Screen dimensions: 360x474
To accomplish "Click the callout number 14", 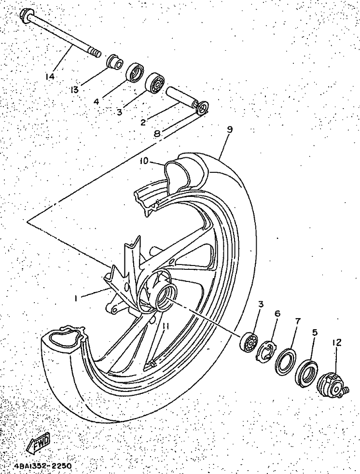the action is [x=50, y=76].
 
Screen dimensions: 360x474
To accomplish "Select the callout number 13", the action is [x=74, y=89].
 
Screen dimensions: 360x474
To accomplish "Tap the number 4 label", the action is [x=96, y=101].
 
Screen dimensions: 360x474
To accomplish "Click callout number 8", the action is [x=157, y=133].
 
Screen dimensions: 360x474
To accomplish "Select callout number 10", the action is [x=144, y=161].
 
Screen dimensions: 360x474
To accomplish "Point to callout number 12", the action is [x=336, y=342].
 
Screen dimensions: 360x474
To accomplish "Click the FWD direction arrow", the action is [x=39, y=446].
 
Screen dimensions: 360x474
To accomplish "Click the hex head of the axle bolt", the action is [x=26, y=14].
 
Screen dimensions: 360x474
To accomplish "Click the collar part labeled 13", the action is [x=115, y=61].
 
